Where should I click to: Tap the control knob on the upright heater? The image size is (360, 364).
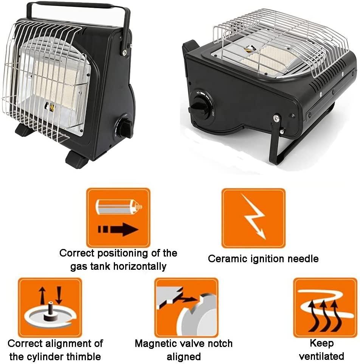(124, 128)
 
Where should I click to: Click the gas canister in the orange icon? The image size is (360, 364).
(118, 207)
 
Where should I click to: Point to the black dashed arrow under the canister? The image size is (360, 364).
(118, 229)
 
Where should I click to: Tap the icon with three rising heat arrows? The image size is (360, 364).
(325, 308)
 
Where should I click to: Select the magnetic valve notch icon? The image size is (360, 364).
(186, 307)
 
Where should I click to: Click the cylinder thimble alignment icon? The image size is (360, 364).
(50, 307)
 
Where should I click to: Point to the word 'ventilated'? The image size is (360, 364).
(321, 356)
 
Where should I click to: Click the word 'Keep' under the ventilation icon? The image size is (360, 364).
(322, 343)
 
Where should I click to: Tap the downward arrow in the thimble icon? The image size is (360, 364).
(59, 295)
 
